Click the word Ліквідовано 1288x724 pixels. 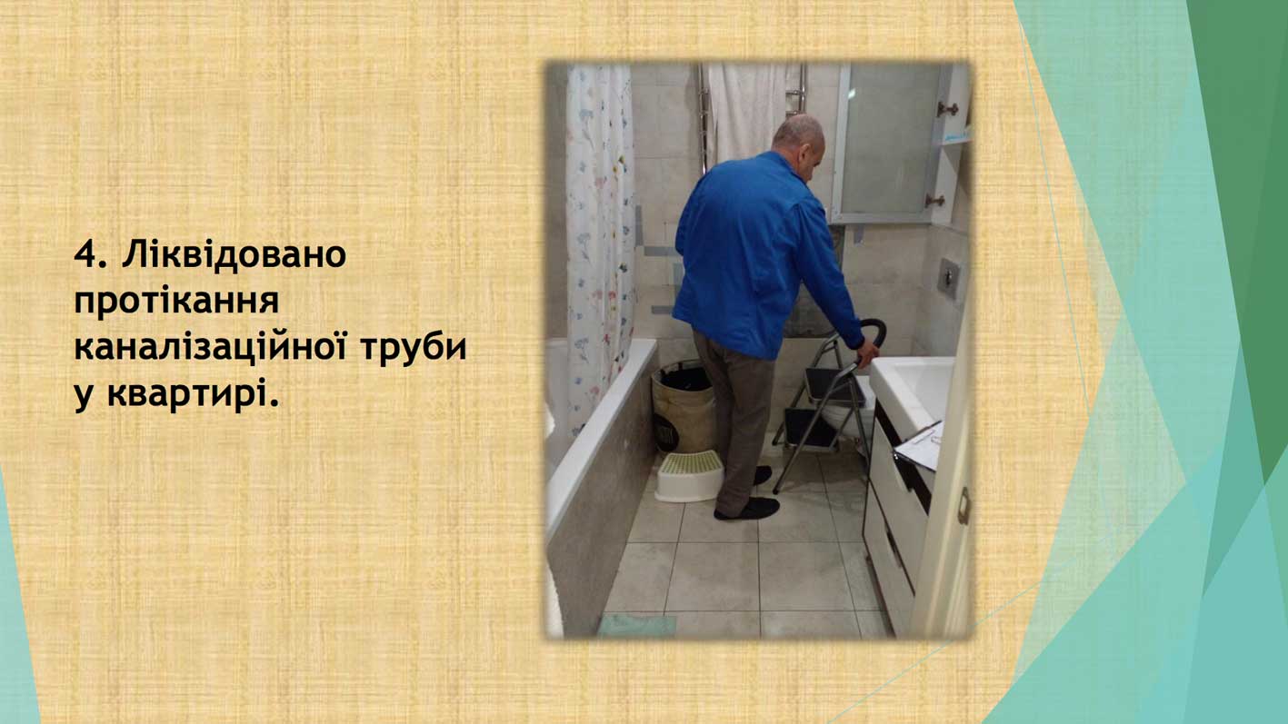click(x=234, y=254)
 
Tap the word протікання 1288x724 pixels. click(x=176, y=301)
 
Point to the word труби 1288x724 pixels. click(x=414, y=348)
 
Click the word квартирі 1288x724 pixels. click(x=194, y=395)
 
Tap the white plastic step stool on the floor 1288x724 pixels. click(x=689, y=476)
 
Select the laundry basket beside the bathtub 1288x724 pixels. click(x=684, y=407)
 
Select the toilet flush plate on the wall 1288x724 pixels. click(x=948, y=278)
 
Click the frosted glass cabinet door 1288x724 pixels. click(x=888, y=141)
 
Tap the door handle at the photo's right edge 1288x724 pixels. click(x=964, y=506)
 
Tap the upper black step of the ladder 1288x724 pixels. click(x=834, y=384)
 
